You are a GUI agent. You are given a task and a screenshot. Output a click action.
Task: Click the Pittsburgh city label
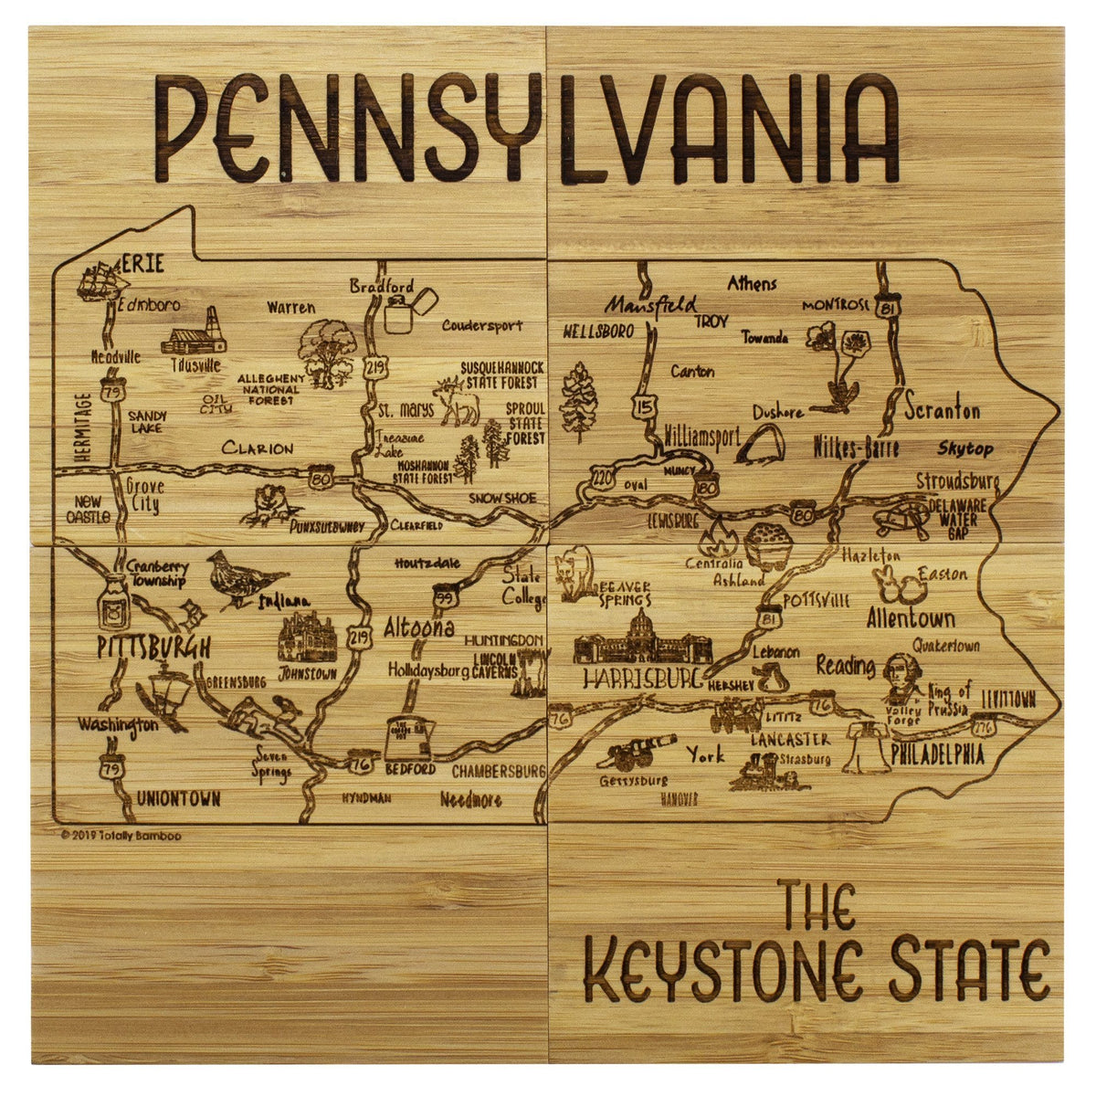tap(153, 648)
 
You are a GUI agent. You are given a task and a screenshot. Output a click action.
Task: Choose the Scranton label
tap(943, 411)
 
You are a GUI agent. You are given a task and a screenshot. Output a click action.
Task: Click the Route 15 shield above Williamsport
tap(645, 406)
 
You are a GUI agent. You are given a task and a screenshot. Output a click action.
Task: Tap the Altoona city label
tap(418, 628)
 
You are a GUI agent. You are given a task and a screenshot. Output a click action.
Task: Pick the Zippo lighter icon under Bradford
tap(402, 311)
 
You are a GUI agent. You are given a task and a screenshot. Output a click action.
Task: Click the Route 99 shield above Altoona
tap(445, 598)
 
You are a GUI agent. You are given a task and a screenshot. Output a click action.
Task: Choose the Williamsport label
tap(701, 437)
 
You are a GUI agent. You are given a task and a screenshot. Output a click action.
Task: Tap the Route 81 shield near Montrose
tap(884, 310)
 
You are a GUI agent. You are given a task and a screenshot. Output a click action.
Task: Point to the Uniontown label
tap(178, 799)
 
